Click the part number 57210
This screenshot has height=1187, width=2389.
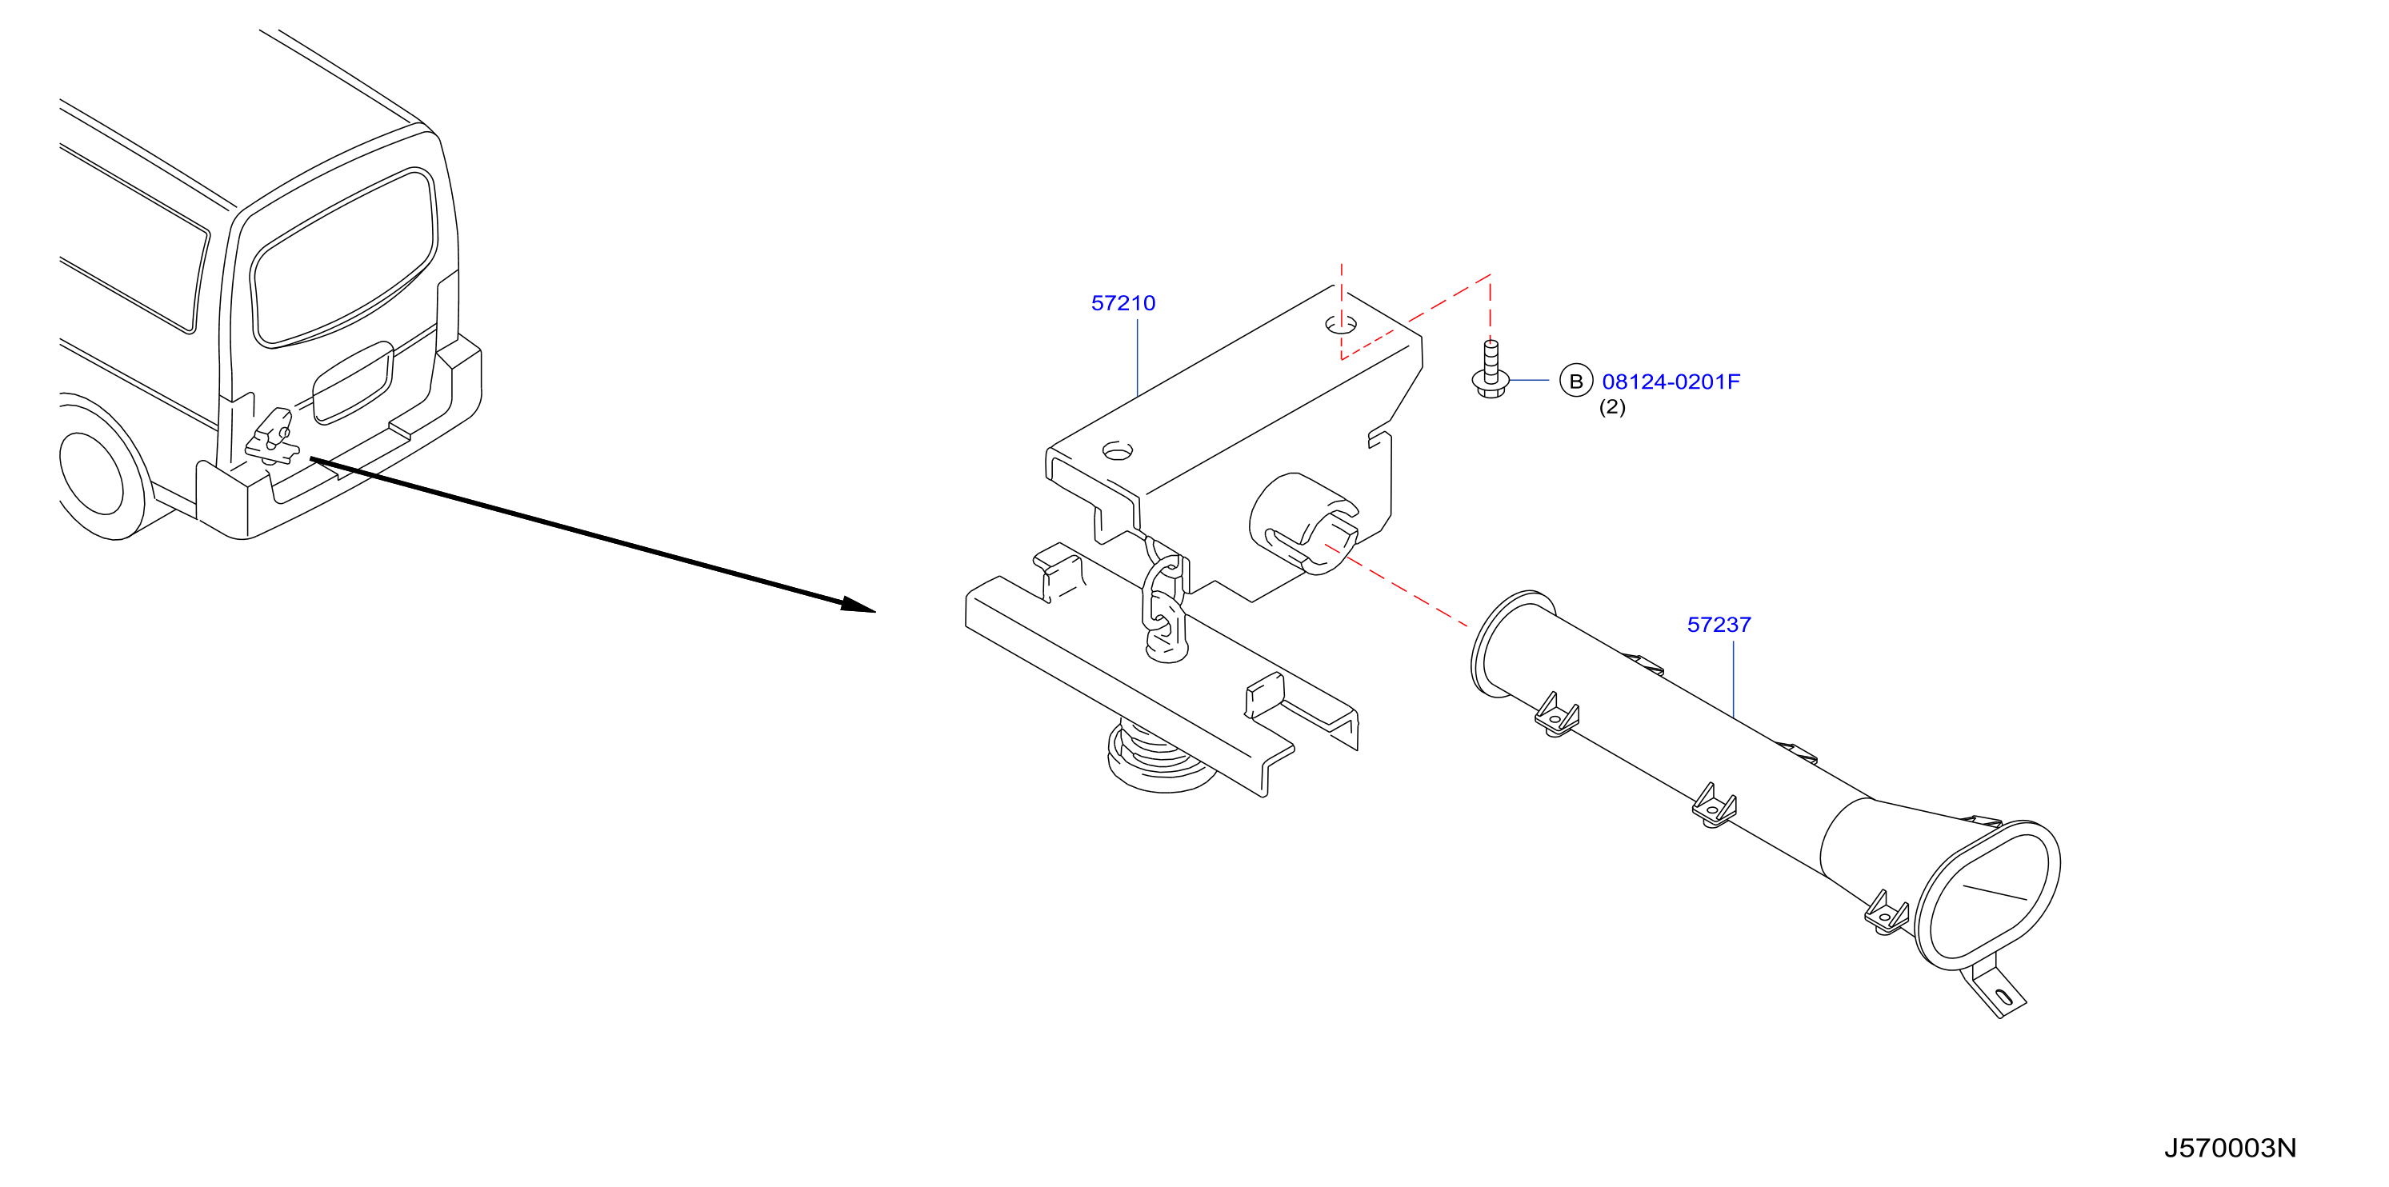pyautogui.click(x=1123, y=303)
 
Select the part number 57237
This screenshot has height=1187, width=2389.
pyautogui.click(x=1719, y=625)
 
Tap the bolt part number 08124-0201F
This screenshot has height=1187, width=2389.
pyautogui.click(x=1671, y=382)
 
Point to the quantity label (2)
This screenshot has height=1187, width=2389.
pyautogui.click(x=1612, y=407)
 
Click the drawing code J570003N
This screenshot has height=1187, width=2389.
pyautogui.click(x=2231, y=1148)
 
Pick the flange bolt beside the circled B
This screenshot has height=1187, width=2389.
pyautogui.click(x=1491, y=370)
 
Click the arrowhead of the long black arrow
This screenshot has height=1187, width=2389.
pyautogui.click(x=858, y=605)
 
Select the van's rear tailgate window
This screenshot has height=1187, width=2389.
pyautogui.click(x=344, y=258)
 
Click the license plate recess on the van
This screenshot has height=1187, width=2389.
pyautogui.click(x=352, y=382)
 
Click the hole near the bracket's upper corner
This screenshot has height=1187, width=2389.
pyautogui.click(x=1341, y=325)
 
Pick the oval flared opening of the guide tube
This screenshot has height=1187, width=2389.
pyautogui.click(x=1987, y=896)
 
